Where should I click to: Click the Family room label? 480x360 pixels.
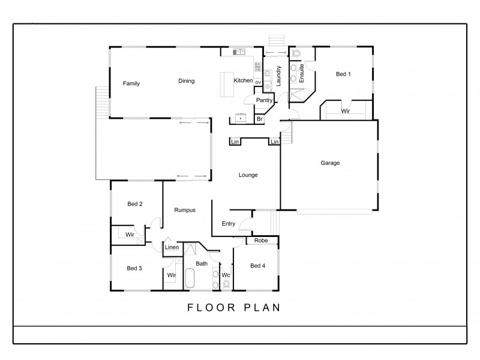point(131,83)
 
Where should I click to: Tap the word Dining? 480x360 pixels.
point(186,81)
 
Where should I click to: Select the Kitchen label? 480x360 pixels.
point(243,81)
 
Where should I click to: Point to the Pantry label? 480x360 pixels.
point(264,100)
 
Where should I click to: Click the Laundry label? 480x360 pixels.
point(278,76)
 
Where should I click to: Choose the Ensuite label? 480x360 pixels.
point(302,73)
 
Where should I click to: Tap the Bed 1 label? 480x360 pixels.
point(343,74)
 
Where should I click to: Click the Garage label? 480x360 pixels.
point(330,163)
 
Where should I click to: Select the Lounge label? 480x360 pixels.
point(248,175)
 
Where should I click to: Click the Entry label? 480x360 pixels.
point(229,224)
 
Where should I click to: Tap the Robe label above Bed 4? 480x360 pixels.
point(260,241)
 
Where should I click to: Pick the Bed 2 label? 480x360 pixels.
point(135,204)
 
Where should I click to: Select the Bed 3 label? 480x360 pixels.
point(134,268)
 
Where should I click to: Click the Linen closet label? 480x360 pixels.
point(172,247)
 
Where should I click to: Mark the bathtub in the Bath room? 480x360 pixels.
point(191,280)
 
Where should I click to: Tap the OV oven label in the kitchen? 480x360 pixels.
point(258,82)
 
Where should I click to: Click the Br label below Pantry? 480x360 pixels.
point(260,119)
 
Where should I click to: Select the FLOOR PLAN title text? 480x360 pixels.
point(234,308)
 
